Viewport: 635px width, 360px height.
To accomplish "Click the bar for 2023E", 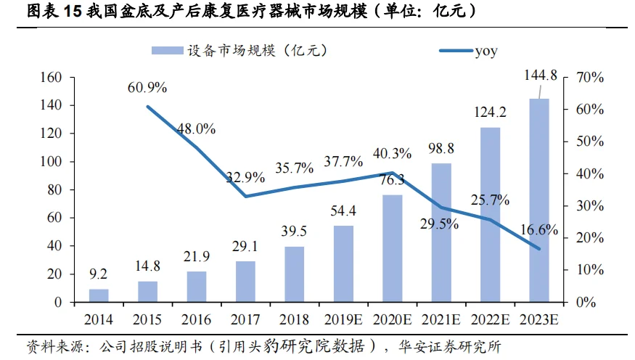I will (x=539, y=200).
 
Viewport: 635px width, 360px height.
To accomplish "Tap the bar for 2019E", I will (x=343, y=263).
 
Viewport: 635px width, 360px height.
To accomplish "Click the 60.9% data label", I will (x=147, y=88).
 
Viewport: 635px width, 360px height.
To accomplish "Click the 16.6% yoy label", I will (x=538, y=231).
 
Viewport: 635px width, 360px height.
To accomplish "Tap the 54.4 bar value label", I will (x=343, y=211).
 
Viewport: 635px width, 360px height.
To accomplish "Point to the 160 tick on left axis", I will (x=53, y=78).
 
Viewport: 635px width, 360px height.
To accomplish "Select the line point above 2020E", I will (x=393, y=173).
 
